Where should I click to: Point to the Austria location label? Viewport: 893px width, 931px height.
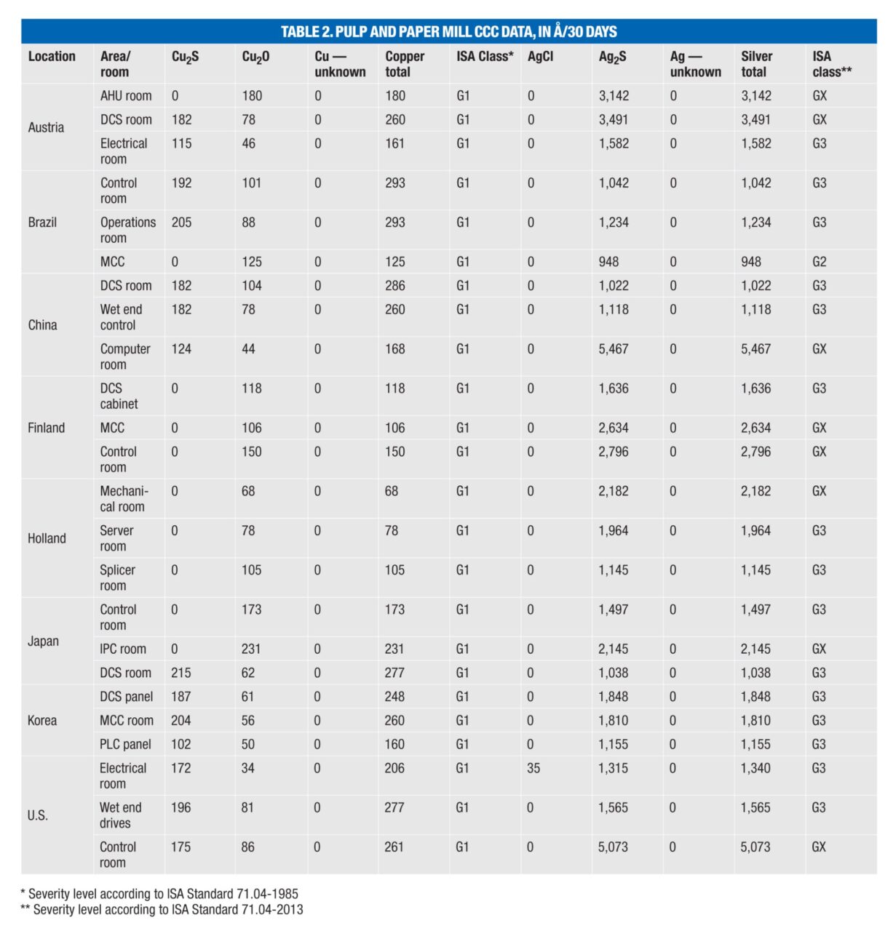(x=46, y=127)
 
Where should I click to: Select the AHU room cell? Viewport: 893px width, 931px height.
(x=125, y=95)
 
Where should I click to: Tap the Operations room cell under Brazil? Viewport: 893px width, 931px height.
(x=127, y=229)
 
